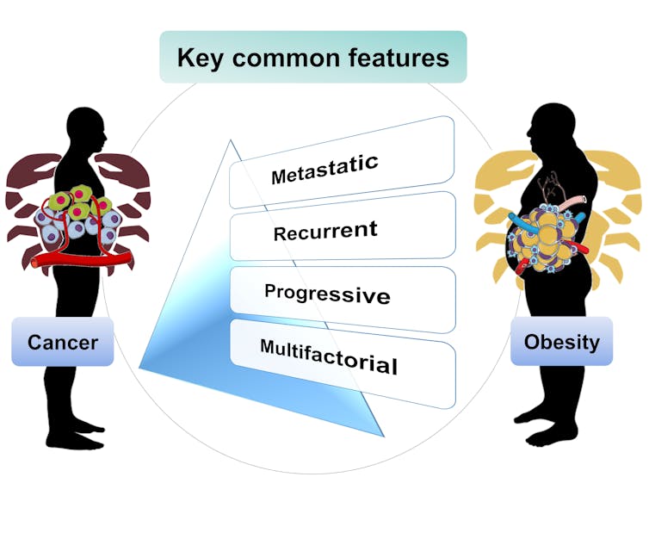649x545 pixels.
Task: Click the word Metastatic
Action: [324, 170]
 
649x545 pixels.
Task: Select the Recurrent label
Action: [325, 231]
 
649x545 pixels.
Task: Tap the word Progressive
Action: [327, 293]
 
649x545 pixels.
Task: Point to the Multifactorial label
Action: [329, 356]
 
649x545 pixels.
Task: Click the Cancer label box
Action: [63, 342]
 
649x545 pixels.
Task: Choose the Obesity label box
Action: [561, 342]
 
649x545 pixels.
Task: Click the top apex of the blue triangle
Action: [230, 141]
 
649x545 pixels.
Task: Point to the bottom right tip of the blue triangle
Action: [382, 434]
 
